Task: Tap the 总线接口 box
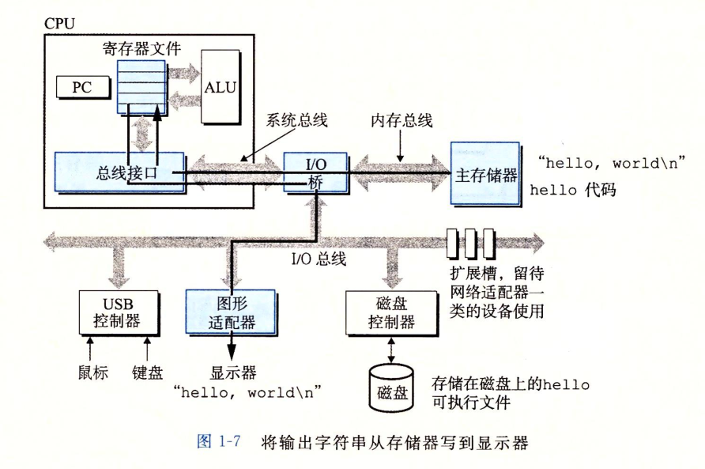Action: (119, 172)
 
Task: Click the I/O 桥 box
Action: (316, 171)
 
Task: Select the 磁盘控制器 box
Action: (393, 311)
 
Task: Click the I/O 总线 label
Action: (319, 259)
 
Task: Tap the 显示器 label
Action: (232, 371)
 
